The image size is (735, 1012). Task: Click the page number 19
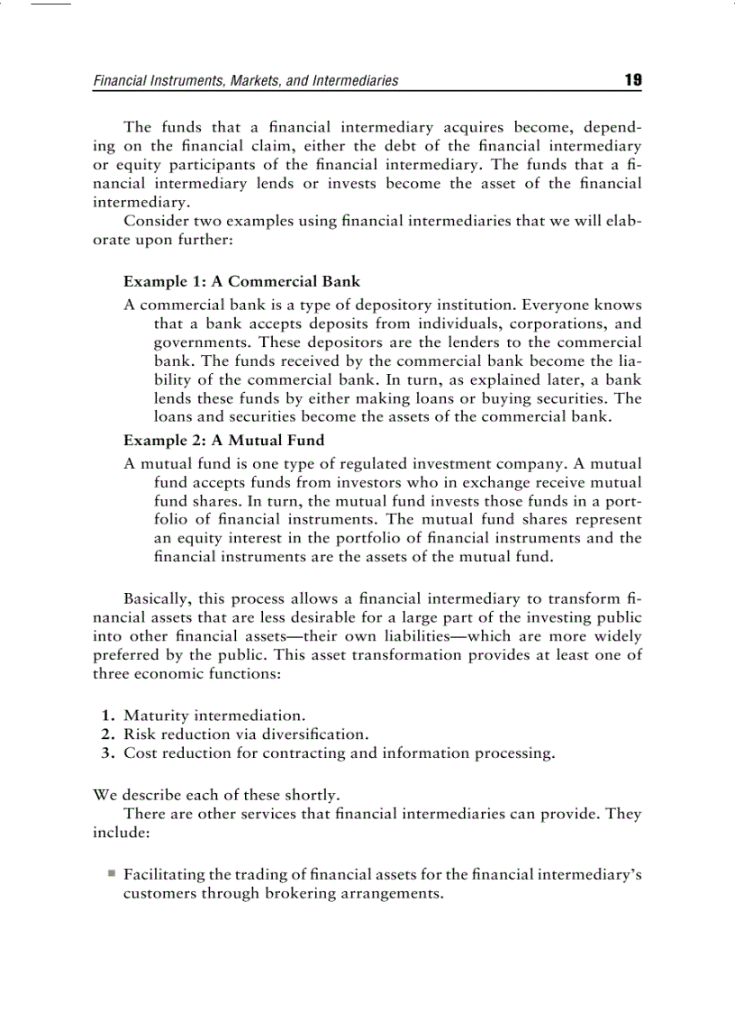point(633,80)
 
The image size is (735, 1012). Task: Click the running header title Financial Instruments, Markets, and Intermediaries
point(246,81)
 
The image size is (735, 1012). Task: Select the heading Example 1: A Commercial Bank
point(241,281)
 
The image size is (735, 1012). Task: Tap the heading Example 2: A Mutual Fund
point(223,440)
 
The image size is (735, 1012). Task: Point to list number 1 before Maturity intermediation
point(107,716)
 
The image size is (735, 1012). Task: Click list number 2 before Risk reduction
point(107,734)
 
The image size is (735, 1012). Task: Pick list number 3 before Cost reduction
point(107,753)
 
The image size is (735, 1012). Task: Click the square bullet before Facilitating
point(111,873)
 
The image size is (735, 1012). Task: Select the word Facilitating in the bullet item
point(164,874)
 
